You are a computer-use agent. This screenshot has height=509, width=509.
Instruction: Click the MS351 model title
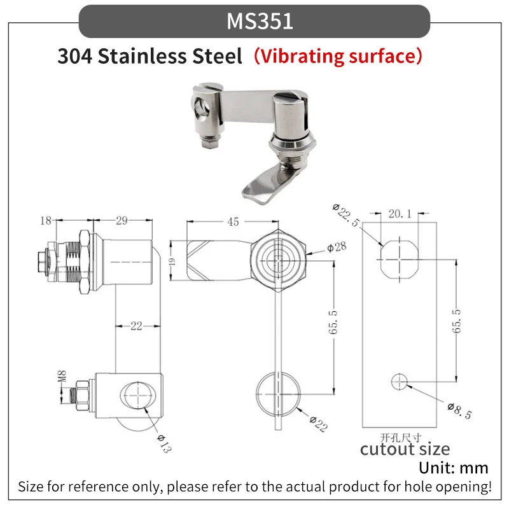coord(260,22)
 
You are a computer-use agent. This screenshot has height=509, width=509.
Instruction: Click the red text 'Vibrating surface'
coord(338,56)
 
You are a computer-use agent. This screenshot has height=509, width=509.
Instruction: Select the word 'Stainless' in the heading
coord(142,56)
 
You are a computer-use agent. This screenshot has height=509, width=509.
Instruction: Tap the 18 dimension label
coord(45,221)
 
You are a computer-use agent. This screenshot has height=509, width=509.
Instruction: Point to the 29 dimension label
coord(122,221)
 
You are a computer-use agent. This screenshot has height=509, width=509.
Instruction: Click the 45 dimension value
coord(233,221)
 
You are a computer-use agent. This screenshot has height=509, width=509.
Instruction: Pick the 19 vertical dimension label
coord(172,261)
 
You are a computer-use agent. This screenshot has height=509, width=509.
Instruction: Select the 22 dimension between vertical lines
coord(136,326)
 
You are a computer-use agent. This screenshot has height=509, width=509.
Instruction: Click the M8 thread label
coord(62,376)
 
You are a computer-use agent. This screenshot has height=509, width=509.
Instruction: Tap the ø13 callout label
coord(164,443)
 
